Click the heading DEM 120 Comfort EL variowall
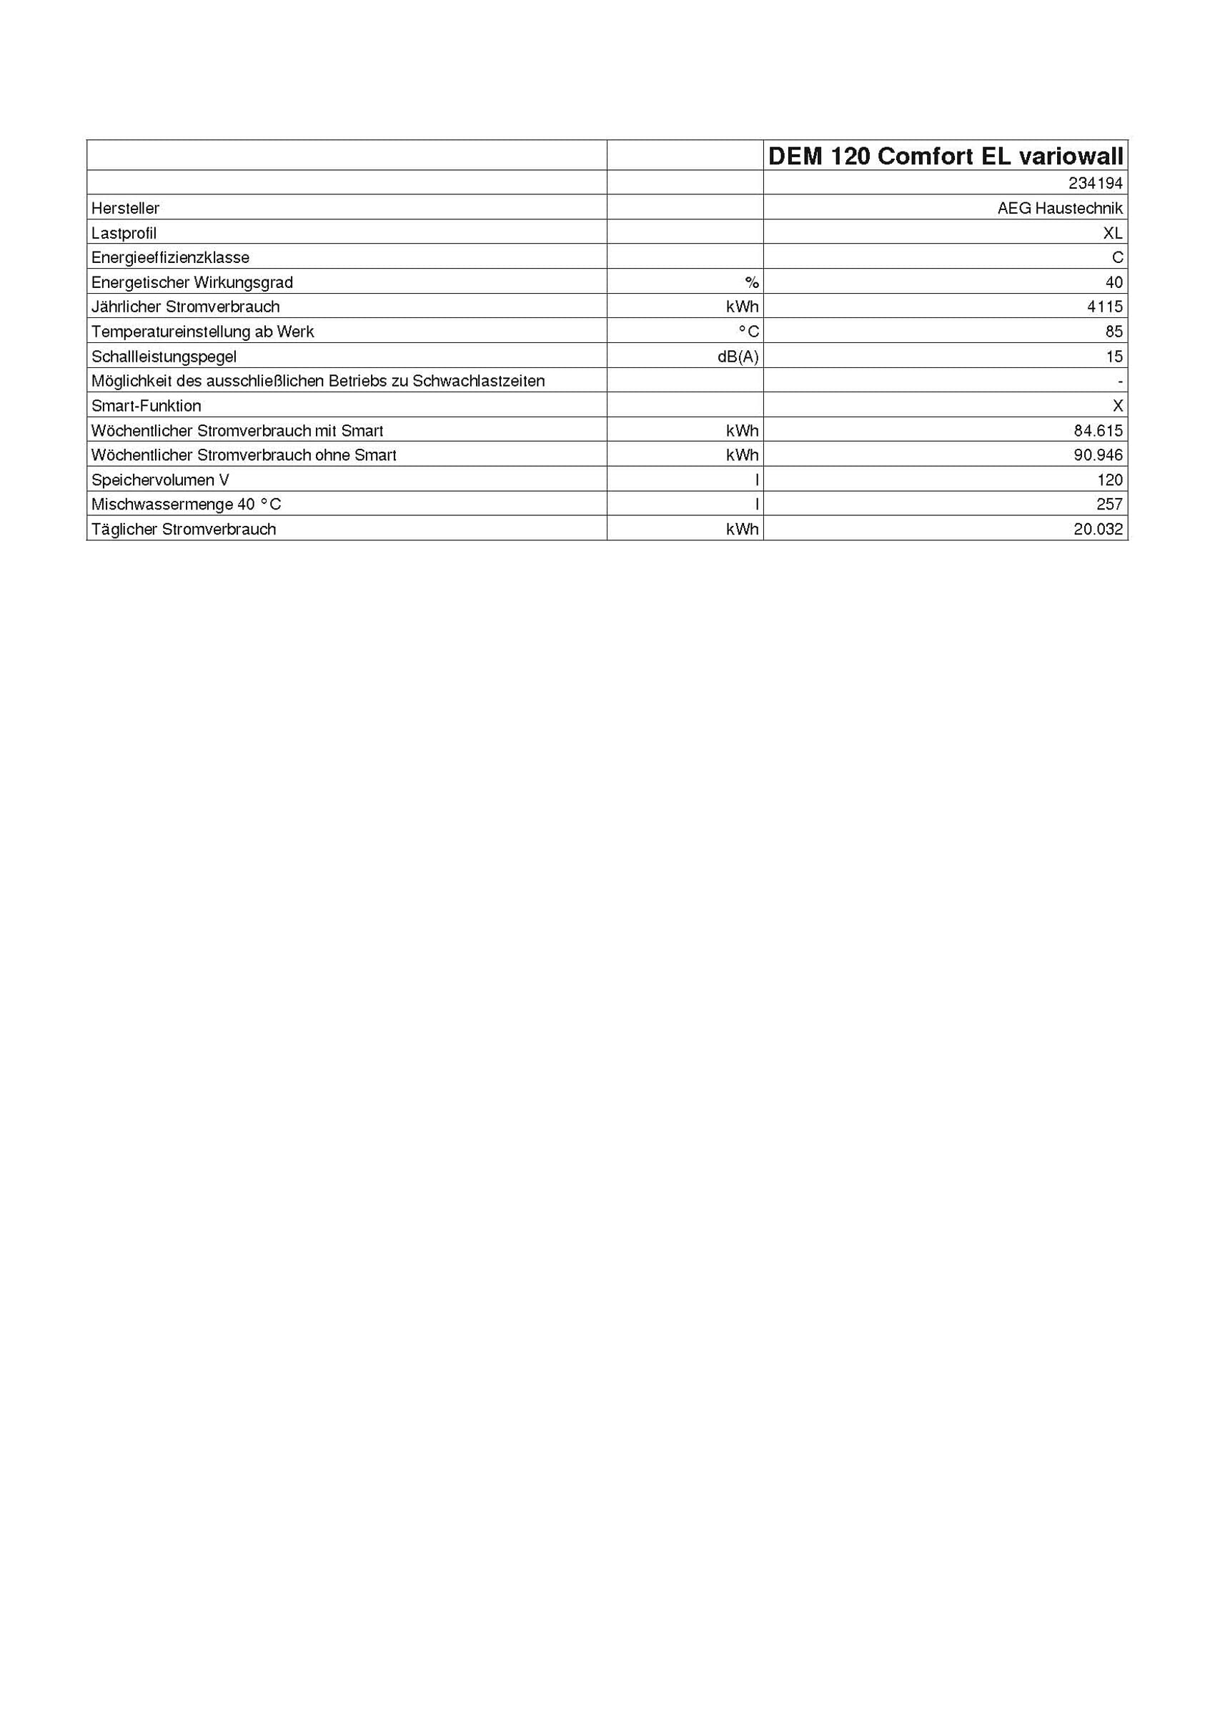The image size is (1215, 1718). [945, 156]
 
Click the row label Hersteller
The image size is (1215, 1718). [125, 208]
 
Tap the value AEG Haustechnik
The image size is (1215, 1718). [1059, 208]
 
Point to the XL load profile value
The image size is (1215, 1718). [1113, 233]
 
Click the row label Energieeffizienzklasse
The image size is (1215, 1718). [170, 257]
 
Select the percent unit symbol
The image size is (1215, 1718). [751, 282]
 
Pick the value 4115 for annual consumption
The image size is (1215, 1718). [1105, 307]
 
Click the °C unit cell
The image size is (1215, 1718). [748, 332]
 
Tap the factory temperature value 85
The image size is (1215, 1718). [1114, 332]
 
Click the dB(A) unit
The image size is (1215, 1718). [738, 356]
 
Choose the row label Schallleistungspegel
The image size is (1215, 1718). [164, 356]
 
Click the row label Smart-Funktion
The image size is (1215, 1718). [146, 405]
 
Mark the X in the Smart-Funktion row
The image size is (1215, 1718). [1118, 405]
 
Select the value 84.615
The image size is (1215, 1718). [1099, 430]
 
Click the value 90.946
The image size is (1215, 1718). [1099, 455]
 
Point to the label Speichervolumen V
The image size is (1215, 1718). [160, 480]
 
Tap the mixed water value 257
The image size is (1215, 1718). [1109, 505]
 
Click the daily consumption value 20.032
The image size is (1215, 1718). [1099, 529]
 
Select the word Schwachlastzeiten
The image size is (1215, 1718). [478, 381]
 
